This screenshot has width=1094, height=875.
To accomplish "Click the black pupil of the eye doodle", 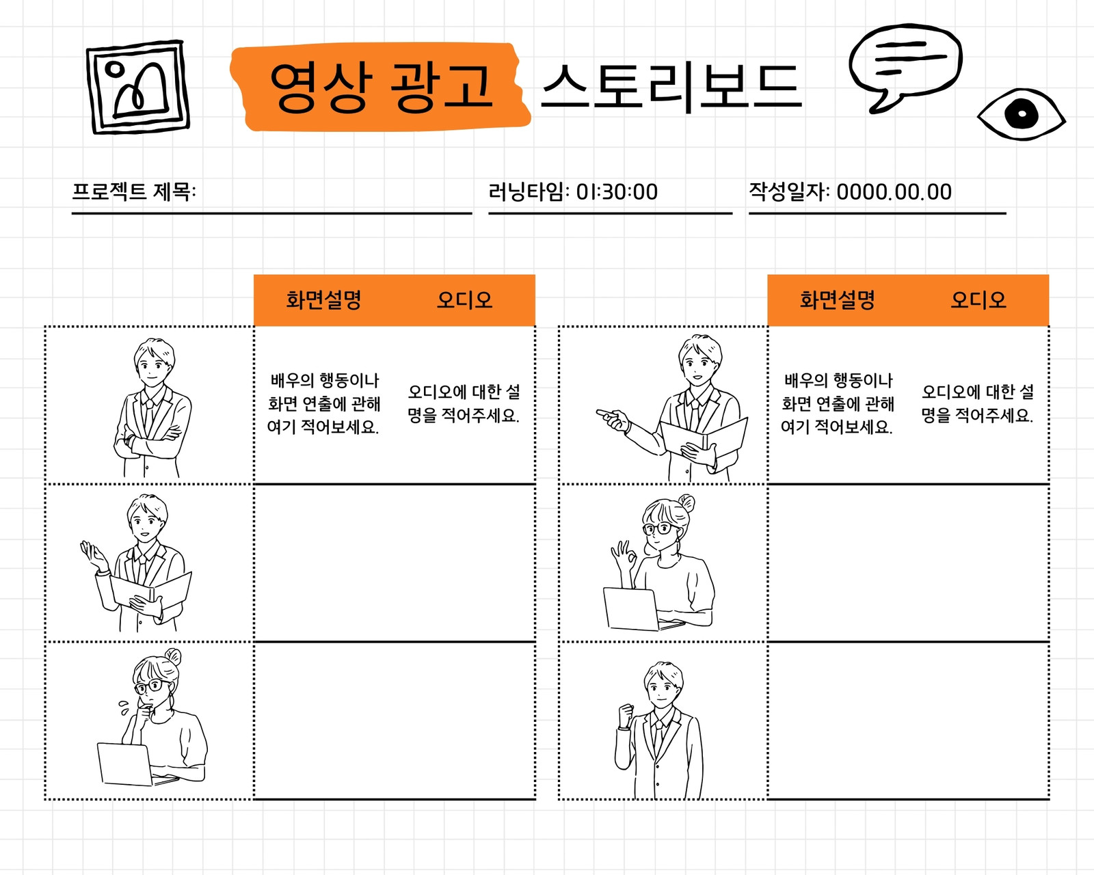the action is click(1021, 113).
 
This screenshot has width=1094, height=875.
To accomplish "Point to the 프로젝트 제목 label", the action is click(133, 192).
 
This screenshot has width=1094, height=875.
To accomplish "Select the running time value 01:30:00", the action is click(617, 192).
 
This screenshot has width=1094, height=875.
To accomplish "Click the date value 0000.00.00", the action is click(894, 192).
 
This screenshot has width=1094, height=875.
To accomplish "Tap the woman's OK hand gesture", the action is click(624, 556).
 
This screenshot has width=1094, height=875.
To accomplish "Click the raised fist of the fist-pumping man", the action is click(626, 715).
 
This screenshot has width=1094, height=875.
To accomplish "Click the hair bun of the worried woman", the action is click(173, 656).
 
